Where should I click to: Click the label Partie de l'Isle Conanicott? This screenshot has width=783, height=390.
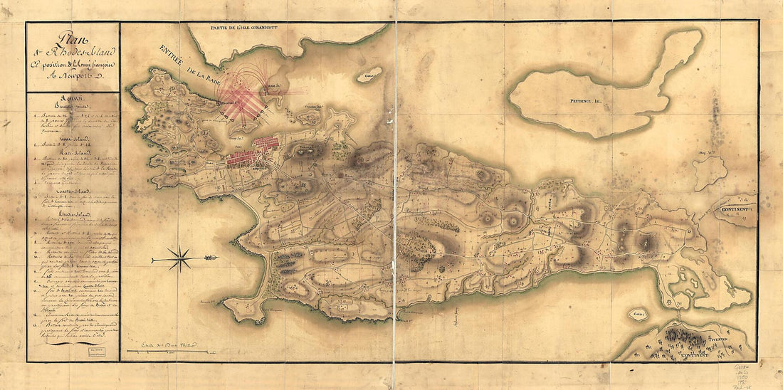pos(243,27)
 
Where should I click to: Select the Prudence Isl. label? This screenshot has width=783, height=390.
pos(586,102)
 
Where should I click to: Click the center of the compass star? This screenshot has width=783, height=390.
pos(181,258)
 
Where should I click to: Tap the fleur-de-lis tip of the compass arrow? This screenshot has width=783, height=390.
pos(211,258)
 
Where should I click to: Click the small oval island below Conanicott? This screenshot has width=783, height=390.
pos(369,74)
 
